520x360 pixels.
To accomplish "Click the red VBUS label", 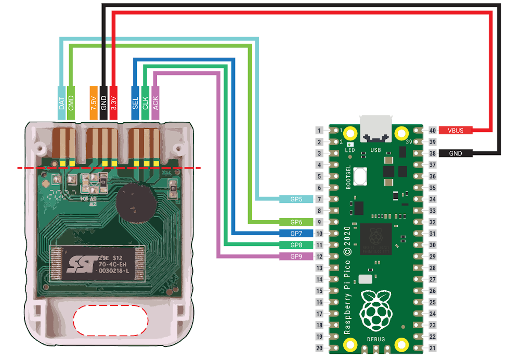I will tap(456, 131).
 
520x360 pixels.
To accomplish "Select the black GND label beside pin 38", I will tap(456, 153).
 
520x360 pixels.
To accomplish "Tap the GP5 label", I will tap(295, 199).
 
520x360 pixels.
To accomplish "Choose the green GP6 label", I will tap(295, 222).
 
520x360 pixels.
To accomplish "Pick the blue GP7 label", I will tap(295, 233).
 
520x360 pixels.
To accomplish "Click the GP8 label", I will tap(295, 245).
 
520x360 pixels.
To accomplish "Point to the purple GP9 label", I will tap(295, 256).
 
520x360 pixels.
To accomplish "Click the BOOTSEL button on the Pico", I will tap(360, 178).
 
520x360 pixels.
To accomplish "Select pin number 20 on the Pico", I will tap(320, 348).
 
